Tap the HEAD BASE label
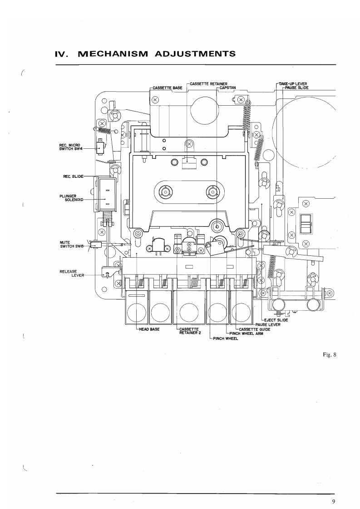(148, 329)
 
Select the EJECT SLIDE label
(276, 320)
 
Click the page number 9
(333, 501)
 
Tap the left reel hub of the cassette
(164, 191)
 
